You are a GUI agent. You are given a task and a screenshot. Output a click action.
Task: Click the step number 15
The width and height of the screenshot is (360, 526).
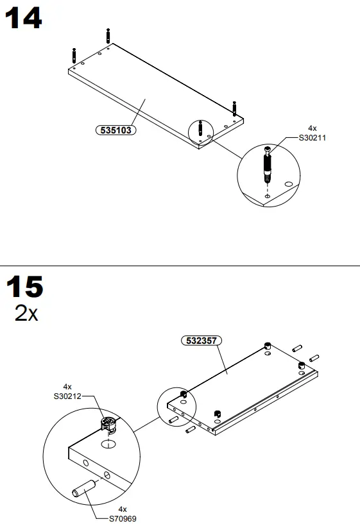[x=24, y=287]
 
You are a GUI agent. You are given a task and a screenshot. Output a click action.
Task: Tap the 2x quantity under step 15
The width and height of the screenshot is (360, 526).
[x=26, y=314]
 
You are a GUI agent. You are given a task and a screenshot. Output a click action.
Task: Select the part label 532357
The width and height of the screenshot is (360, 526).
[x=198, y=341]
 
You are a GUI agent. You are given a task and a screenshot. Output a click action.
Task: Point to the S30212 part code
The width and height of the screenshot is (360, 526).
[x=67, y=396]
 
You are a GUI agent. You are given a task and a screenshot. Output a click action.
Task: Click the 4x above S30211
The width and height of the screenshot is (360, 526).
[x=313, y=128]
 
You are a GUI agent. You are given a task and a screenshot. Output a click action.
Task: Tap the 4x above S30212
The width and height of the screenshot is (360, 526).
[x=67, y=387]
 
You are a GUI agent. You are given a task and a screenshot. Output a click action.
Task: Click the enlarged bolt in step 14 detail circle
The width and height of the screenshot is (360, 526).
[x=268, y=165]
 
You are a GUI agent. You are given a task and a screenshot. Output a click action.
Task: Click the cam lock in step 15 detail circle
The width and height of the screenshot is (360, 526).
[x=108, y=424]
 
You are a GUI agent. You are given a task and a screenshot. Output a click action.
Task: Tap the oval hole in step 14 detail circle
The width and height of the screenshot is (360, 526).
[x=288, y=184]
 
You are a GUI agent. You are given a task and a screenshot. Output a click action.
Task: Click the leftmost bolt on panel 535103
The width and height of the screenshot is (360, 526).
[x=75, y=56]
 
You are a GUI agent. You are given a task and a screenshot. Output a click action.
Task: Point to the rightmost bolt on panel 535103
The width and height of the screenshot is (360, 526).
[x=235, y=108]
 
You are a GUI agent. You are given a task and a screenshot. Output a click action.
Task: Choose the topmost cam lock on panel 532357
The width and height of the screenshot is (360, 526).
[x=268, y=346]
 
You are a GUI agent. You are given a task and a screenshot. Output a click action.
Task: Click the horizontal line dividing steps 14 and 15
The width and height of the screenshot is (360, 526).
[x=180, y=265]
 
